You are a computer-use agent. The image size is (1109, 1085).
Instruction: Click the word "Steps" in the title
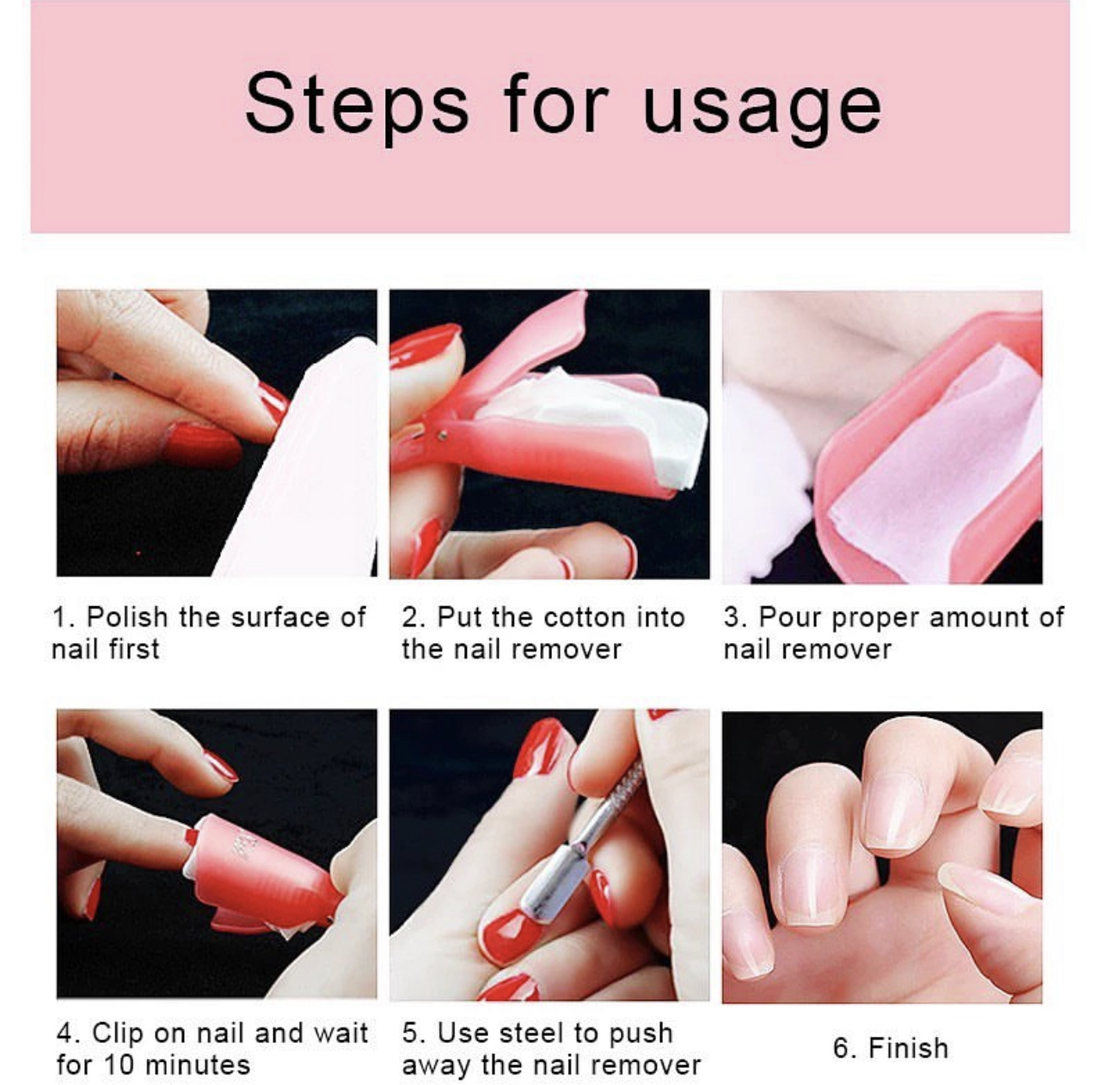tap(357, 104)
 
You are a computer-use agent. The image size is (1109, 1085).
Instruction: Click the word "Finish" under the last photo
tap(909, 1048)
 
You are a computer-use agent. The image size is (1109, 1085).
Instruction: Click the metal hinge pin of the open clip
tap(442, 436)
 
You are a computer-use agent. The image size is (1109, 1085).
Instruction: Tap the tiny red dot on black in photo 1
tap(138, 552)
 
